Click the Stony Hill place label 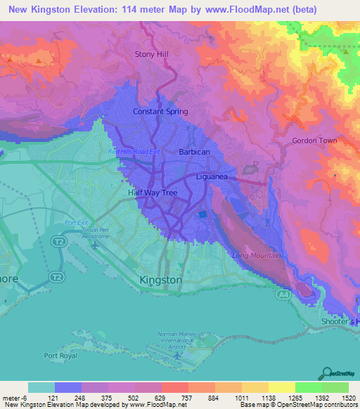pos(153,53)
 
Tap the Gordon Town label pos(314,141)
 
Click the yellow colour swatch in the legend pos(281,387)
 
